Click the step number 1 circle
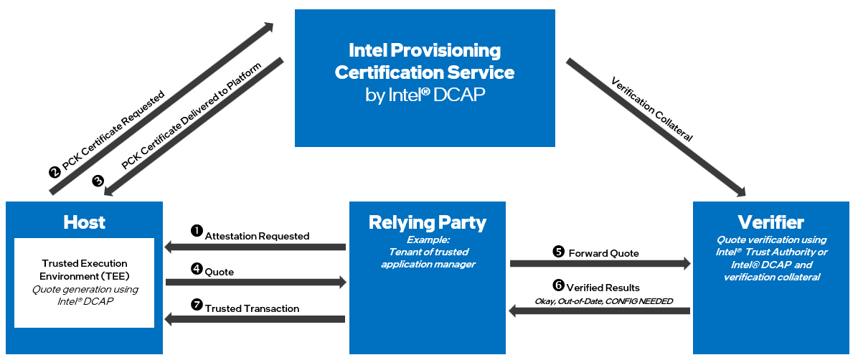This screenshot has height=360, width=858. point(197,231)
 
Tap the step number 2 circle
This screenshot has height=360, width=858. point(54,172)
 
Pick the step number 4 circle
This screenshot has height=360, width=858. point(197,269)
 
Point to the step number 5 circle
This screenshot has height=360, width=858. point(559,251)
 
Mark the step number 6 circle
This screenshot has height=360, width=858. point(559,285)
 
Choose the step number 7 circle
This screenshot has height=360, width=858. point(197,305)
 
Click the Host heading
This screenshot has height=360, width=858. point(84,222)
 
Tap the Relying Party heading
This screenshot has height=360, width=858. point(427,222)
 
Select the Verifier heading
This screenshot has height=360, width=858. point(770,222)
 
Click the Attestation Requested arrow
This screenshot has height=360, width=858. point(255,247)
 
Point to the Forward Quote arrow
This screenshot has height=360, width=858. point(600,264)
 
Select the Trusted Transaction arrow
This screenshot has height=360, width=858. point(255,318)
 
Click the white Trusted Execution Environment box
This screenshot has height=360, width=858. point(84,283)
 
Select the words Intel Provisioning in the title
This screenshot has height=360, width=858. point(425,50)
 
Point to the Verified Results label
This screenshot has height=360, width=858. point(603,288)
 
